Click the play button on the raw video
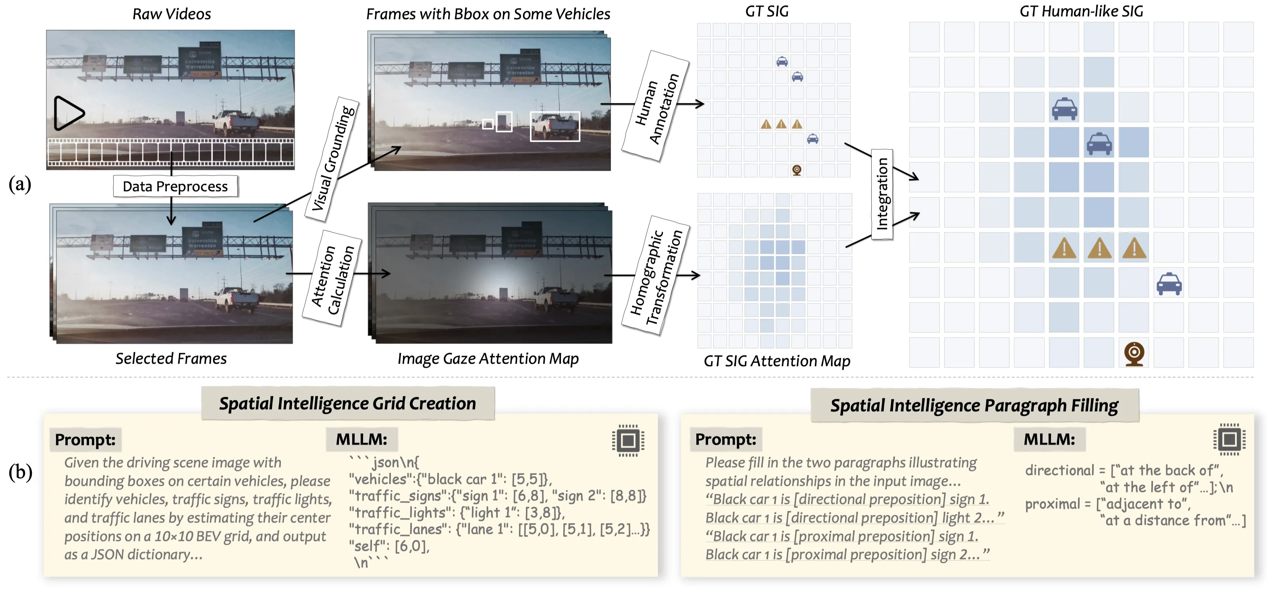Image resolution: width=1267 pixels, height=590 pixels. pyautogui.click(x=68, y=113)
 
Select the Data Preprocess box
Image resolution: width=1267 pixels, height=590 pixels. pyautogui.click(x=175, y=186)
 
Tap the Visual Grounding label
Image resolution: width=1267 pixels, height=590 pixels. pyautogui.click(x=333, y=158)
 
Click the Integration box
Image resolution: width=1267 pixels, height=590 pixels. pyautogui.click(x=882, y=194)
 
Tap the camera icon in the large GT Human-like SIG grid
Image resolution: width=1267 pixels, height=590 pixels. pyautogui.click(x=1134, y=353)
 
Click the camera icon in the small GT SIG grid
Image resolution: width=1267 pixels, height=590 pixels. pyautogui.click(x=797, y=170)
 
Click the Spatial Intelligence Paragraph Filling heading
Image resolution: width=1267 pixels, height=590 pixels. pyautogui.click(x=974, y=405)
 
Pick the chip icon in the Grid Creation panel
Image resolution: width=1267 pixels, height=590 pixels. pyautogui.click(x=628, y=440)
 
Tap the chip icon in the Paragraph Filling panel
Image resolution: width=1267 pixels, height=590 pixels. pyautogui.click(x=1229, y=439)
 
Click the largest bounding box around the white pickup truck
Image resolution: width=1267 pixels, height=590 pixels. pyautogui.click(x=555, y=127)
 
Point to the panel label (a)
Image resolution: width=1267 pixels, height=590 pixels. pyautogui.click(x=20, y=185)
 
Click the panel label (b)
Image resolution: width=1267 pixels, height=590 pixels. pyautogui.click(x=20, y=472)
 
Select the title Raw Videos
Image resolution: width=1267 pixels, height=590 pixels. pyautogui.click(x=172, y=14)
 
